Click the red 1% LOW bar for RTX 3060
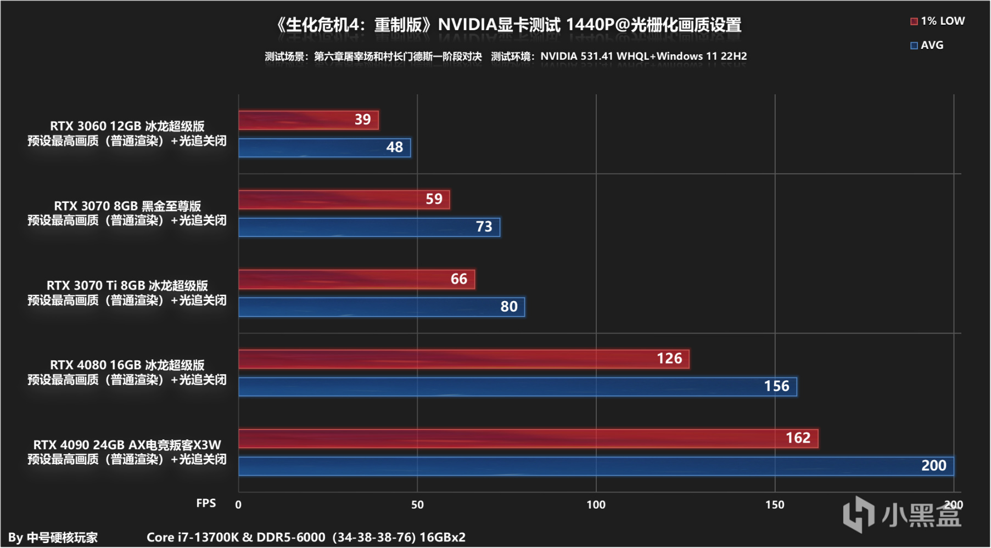pos(309,120)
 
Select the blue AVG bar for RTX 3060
pos(324,148)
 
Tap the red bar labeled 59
pos(344,199)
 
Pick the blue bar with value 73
pos(369,227)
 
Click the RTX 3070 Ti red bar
pos(357,279)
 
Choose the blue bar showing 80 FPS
pos(382,307)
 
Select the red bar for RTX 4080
pos(464,359)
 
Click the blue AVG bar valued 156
pos(518,387)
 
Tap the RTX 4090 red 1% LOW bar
pos(528,438)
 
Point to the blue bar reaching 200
pos(596,466)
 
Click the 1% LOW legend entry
pos(937,21)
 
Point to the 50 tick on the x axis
pos(417,505)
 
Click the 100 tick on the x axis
pos(596,505)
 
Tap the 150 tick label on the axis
pos(775,505)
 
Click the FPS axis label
pos(206,504)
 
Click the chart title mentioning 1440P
pos(509,25)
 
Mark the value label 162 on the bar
pos(798,438)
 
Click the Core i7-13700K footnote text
pos(306,538)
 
